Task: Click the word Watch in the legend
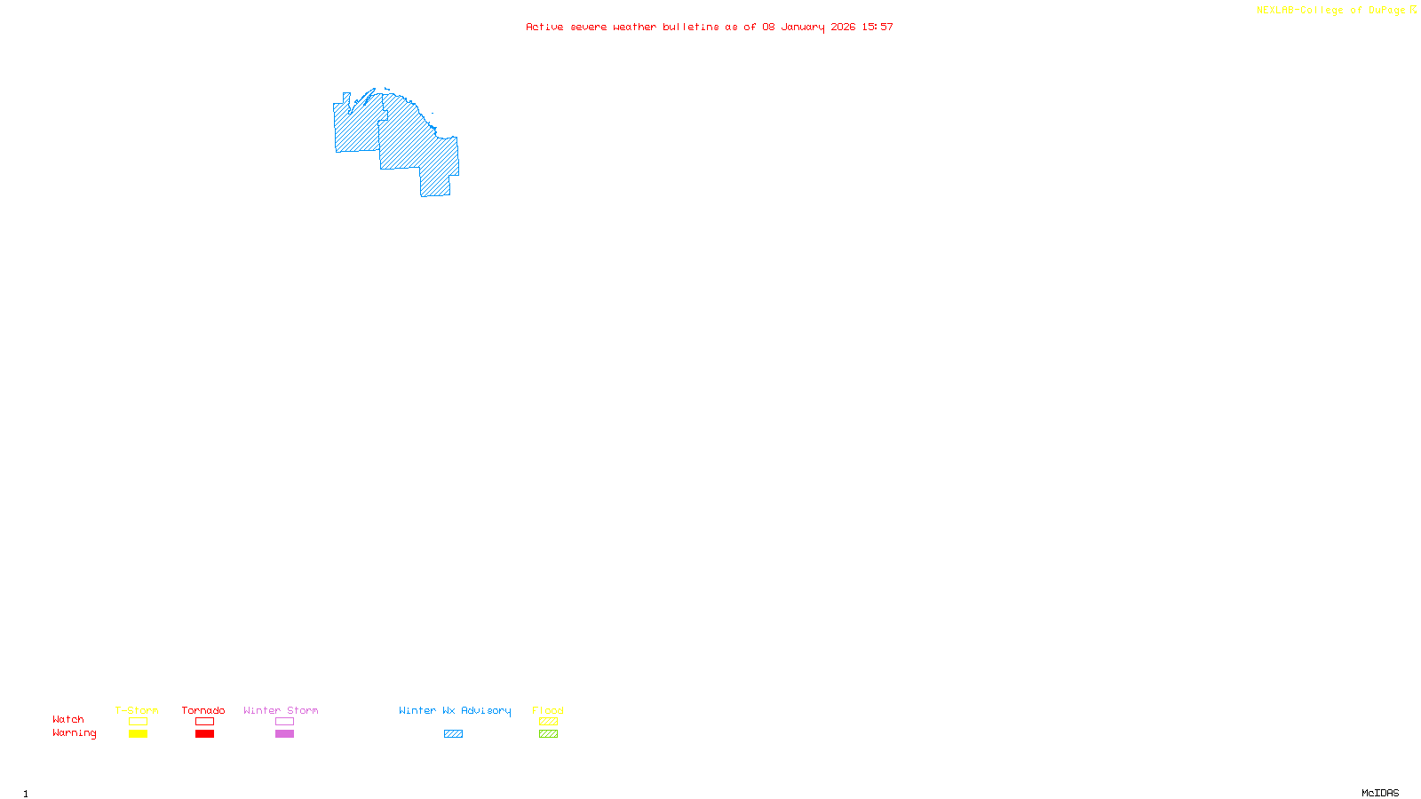68,719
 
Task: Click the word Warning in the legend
74,733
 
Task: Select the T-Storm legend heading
137,710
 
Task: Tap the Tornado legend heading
203,710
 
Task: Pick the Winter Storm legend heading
281,710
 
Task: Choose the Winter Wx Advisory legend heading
455,710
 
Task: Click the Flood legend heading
548,710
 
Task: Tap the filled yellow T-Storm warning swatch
138,734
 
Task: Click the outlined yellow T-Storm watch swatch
138,722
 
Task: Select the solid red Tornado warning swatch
205,734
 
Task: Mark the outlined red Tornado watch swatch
205,722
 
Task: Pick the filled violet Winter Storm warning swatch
284,734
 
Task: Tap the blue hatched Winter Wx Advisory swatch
453,734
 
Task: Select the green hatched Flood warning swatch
548,734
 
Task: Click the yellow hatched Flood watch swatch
548,722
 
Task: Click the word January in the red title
802,27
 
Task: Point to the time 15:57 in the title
877,27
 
